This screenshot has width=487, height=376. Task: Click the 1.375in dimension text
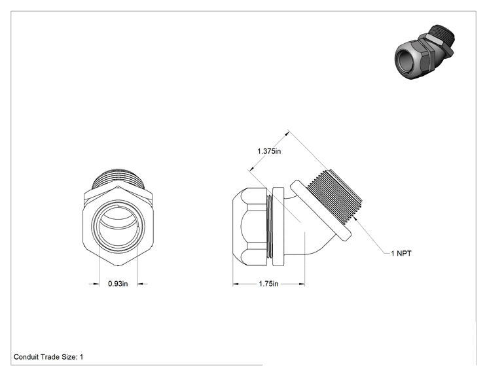point(269,151)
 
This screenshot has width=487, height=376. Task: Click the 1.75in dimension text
point(268,284)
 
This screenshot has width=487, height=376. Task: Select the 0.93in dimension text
point(118,284)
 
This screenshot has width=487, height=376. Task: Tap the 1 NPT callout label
point(401,254)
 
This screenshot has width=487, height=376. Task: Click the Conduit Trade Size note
point(48,357)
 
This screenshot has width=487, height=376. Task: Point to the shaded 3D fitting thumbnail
point(425,52)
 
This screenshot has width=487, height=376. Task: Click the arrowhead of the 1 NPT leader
point(355,219)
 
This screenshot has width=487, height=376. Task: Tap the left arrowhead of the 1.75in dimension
point(236,284)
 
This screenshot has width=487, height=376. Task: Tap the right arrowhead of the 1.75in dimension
point(302,284)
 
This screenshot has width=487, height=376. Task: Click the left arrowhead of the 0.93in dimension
point(96,284)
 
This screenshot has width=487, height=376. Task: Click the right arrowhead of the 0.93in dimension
point(140,284)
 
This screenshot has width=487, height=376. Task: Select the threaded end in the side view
point(336,196)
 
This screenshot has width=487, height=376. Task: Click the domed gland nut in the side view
point(250,227)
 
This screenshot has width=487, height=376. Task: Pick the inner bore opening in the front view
point(118,226)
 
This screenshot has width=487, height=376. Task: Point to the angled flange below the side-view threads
point(321,211)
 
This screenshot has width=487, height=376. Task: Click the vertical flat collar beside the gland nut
point(278,226)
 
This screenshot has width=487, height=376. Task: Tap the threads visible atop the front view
point(118,179)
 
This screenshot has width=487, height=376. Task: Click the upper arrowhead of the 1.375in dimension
point(287,134)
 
